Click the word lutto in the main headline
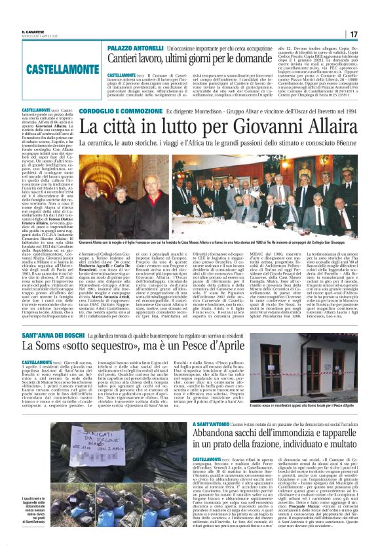pyautogui.click(x=151, y=125)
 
